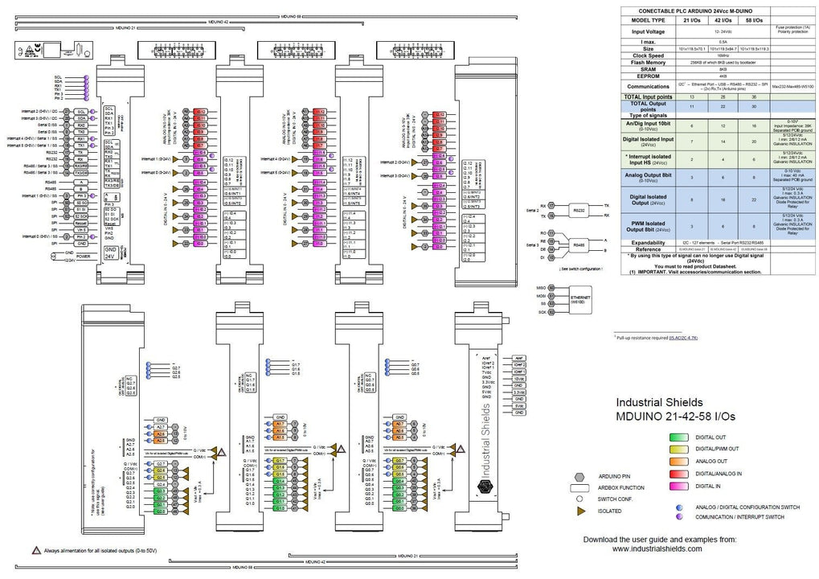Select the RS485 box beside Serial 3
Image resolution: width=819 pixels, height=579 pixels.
578,242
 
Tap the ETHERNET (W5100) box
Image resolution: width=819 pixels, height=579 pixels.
577,299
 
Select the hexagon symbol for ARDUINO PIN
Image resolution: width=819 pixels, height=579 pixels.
578,476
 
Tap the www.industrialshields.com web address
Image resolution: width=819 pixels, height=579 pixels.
657,549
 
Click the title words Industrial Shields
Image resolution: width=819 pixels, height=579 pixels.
659,402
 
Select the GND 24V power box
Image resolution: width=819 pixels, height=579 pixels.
111,254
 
